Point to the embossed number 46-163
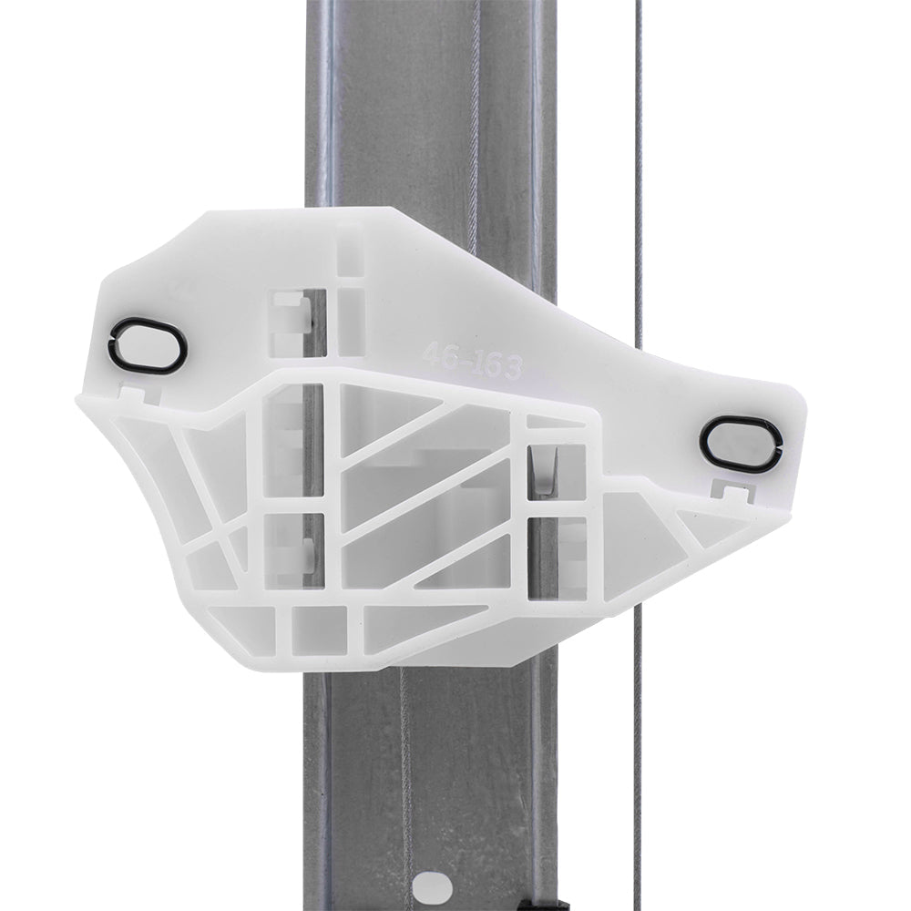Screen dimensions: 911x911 (x=472, y=359)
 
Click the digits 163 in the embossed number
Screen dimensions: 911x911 (x=494, y=365)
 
